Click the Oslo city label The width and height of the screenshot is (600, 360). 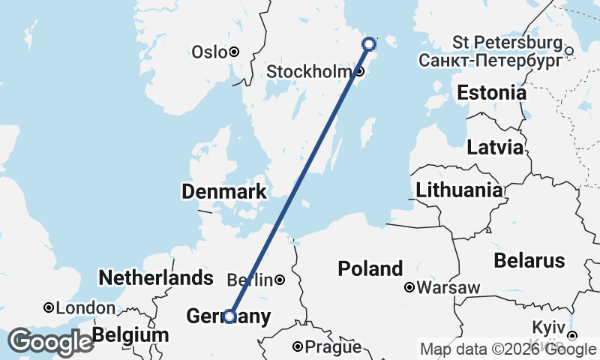209,52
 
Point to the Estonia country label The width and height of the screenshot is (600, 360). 491,94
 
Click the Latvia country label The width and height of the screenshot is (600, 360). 494,147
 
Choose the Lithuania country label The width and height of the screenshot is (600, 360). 459,190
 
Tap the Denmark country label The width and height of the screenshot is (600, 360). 223,192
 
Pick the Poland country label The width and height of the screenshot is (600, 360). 370,268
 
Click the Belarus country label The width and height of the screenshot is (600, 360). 529,261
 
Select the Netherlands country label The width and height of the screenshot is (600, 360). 156,278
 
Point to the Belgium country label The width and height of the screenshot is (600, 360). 131,334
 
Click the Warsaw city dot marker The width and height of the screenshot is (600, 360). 409,287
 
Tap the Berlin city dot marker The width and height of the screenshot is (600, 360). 280,280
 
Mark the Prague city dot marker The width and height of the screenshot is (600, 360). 298,347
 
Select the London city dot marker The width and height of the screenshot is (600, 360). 49,307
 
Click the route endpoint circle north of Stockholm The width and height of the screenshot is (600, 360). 369,44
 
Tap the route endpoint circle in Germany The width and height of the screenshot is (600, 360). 229,316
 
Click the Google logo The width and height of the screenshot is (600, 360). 50,342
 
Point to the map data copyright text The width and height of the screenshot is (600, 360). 508,349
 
